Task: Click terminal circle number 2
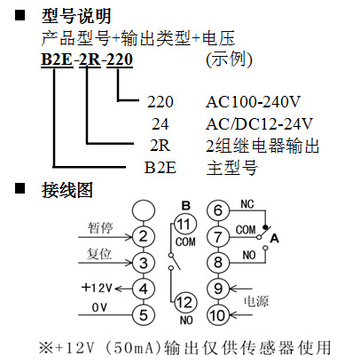click(144, 236)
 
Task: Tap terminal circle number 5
click(144, 315)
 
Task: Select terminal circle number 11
click(185, 224)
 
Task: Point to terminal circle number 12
click(185, 303)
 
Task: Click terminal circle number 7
click(218, 236)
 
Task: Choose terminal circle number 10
click(218, 315)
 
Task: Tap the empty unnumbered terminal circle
click(144, 210)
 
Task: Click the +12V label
click(97, 288)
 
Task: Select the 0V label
click(99, 307)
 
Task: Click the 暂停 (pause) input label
click(100, 228)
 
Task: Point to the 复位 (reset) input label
click(99, 254)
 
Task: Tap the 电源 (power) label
click(256, 302)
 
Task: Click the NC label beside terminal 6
click(247, 204)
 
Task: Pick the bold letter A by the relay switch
click(275, 238)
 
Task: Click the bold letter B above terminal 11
click(186, 205)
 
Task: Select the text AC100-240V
click(253, 102)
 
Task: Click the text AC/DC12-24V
click(259, 124)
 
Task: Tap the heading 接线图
click(67, 190)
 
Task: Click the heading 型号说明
click(76, 16)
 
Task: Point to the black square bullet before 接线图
click(20, 188)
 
